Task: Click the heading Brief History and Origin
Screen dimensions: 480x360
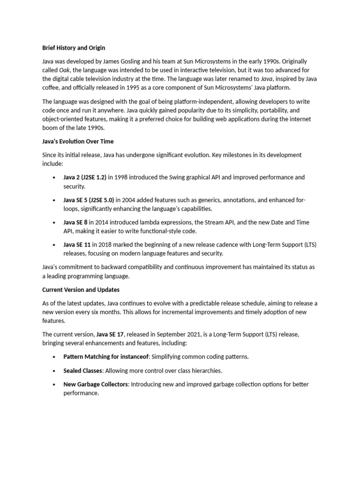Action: pyautogui.click(x=74, y=48)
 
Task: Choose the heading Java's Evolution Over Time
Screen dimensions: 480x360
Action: pyautogui.click(x=78, y=141)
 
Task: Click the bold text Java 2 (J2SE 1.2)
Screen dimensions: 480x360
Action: pyautogui.click(x=85, y=177)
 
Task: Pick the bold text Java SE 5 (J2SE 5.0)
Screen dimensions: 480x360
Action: pyautogui.click(x=89, y=200)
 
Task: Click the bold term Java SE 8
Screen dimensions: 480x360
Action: pyautogui.click(x=75, y=222)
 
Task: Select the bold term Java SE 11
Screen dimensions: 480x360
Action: pyautogui.click(x=77, y=245)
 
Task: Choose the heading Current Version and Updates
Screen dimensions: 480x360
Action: pyautogui.click(x=81, y=290)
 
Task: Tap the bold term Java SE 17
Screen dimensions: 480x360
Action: pyautogui.click(x=110, y=335)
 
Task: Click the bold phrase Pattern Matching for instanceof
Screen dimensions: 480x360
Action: pyautogui.click(x=106, y=357)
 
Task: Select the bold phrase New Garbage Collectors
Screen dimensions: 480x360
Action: pyautogui.click(x=95, y=384)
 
